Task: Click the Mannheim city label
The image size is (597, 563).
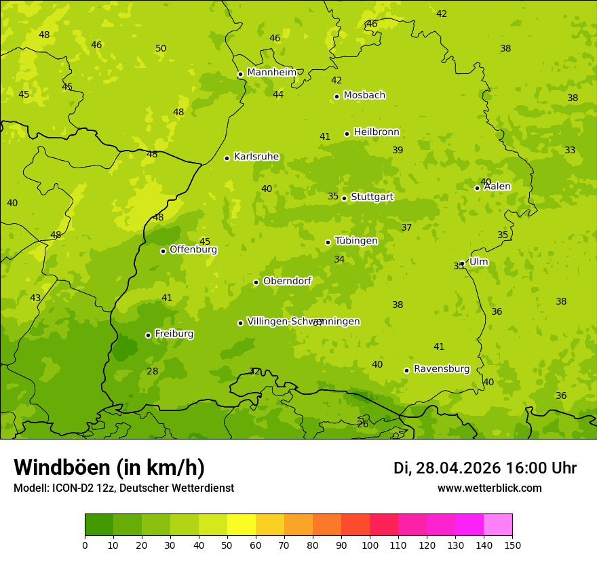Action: (x=271, y=73)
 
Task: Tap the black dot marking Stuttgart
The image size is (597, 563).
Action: (x=344, y=198)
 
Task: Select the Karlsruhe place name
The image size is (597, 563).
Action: (x=256, y=157)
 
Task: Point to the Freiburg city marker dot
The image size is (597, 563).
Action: (x=148, y=335)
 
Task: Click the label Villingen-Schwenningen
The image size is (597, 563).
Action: (x=303, y=322)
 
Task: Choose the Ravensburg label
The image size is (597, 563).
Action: (x=442, y=369)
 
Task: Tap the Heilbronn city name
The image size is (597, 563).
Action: (x=377, y=132)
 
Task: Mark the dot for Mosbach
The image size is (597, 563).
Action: (x=336, y=96)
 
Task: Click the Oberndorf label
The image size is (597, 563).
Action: (x=287, y=281)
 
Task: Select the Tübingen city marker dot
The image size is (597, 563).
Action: (x=328, y=242)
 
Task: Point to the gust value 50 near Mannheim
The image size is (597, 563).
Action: (x=161, y=49)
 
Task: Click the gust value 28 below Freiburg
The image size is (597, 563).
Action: (x=153, y=371)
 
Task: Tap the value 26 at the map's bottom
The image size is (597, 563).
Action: (x=363, y=424)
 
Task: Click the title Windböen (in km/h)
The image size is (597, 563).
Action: (x=109, y=467)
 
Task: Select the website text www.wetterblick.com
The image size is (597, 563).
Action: (x=489, y=488)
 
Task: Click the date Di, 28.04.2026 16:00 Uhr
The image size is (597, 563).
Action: (x=484, y=468)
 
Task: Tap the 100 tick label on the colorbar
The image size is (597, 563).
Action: (x=370, y=545)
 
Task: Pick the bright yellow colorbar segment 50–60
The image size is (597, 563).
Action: (x=242, y=525)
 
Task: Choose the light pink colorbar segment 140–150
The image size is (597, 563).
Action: (x=498, y=525)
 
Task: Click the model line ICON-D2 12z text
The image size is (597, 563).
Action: (x=123, y=488)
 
